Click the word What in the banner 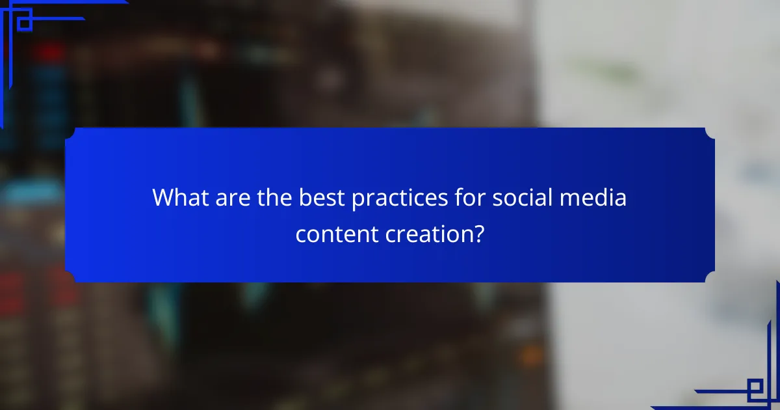(177, 198)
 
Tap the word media (593, 198)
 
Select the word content (333, 234)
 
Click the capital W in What (162, 198)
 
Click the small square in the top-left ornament (24, 23)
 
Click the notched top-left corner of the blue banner (70, 133)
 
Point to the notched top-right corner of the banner (709, 133)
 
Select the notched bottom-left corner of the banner (70, 277)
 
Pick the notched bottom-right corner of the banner (709, 277)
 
